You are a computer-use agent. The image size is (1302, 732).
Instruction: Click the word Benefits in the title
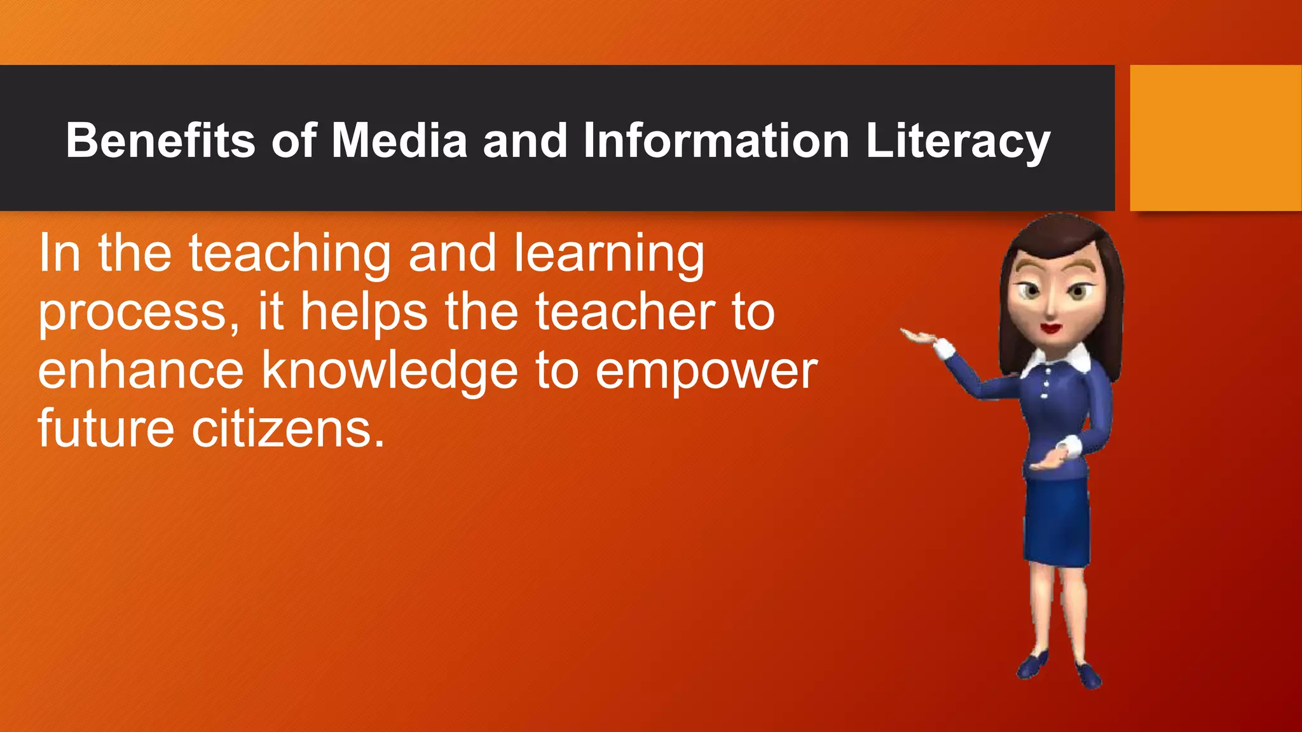(x=160, y=140)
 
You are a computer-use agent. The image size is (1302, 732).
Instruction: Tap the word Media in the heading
(x=399, y=140)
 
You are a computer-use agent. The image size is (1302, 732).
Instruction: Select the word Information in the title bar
(x=716, y=140)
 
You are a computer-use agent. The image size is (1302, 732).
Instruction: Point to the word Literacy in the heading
(x=957, y=142)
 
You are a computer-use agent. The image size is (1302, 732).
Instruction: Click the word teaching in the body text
(x=290, y=254)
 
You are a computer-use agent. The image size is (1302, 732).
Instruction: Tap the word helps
(x=364, y=312)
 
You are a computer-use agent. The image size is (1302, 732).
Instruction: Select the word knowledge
(x=390, y=372)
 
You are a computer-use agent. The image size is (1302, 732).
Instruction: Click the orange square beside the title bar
(x=1215, y=138)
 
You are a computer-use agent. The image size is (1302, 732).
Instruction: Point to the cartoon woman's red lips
(x=1050, y=329)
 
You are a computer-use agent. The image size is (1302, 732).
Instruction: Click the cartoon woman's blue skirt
(x=1057, y=521)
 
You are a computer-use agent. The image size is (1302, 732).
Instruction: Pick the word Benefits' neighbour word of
(x=294, y=140)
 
